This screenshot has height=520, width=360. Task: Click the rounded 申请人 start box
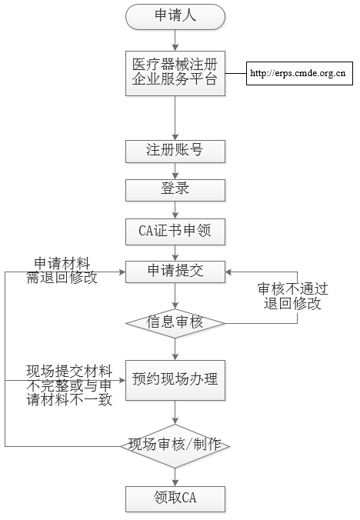coord(175,17)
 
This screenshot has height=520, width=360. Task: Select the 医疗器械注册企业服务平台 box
coord(175,73)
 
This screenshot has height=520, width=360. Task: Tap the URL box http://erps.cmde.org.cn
coord(299,73)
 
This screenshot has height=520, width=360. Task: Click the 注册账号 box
coord(175,152)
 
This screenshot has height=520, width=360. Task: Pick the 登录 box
coord(175,190)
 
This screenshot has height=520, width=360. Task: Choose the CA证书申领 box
coord(175,232)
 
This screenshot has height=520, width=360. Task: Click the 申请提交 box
coord(175,272)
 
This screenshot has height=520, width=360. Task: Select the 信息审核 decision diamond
coord(175,323)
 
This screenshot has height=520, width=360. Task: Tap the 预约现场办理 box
coord(175,380)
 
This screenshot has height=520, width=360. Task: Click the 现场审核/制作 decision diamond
coord(175,446)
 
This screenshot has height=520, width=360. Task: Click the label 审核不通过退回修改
coord(293,296)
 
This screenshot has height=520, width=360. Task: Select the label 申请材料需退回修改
coord(62,271)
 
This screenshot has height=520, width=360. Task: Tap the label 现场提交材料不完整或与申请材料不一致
coord(69,385)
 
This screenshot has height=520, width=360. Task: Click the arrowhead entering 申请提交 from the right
coord(228,272)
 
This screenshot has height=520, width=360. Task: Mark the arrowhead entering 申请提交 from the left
coord(122,272)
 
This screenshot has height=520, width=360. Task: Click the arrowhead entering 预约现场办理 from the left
coord(122,380)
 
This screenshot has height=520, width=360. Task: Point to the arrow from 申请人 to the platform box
coord(175,41)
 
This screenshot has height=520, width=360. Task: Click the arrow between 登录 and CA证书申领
coord(175,210)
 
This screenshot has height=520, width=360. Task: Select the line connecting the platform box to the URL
coord(236,73)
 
